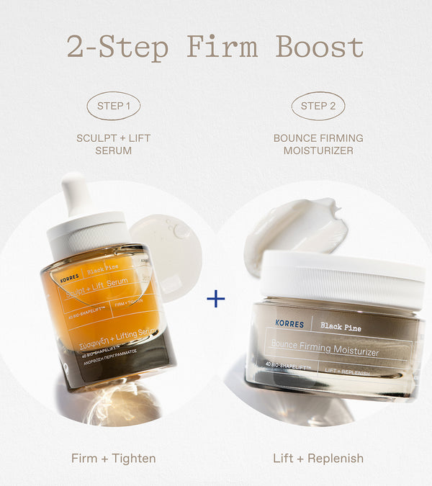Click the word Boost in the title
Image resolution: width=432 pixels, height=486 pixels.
coord(320,47)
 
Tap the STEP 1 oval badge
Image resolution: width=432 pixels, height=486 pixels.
coord(113,106)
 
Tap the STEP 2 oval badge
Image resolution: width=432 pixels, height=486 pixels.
coord(318,106)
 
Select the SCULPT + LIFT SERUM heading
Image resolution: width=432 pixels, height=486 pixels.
coord(113,144)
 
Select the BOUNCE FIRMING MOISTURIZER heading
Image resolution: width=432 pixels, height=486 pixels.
coord(318,144)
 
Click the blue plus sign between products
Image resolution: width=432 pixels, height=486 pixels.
coord(215,299)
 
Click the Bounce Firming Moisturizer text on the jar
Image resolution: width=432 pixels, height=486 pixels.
coord(325,351)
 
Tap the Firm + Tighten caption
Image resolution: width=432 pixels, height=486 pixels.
coord(113,458)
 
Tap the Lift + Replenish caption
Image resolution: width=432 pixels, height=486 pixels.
coord(318,458)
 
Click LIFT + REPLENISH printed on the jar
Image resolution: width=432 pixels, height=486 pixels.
coord(348,372)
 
